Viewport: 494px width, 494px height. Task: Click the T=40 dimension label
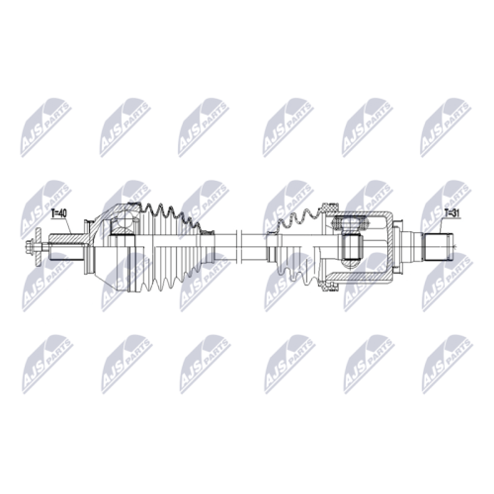[x=59, y=213]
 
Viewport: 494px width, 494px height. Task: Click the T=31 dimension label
[x=452, y=213]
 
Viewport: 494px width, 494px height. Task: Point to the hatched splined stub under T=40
[x=66, y=239]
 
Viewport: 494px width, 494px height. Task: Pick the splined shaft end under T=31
[x=437, y=246]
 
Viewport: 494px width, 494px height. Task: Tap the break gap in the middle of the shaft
[x=239, y=246]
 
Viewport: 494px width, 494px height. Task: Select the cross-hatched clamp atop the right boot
[x=329, y=208]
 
